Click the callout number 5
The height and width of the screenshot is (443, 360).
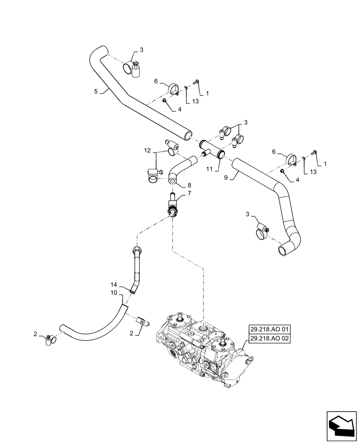point(96,92)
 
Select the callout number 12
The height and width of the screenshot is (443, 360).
point(147,152)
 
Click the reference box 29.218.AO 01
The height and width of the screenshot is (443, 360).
point(269,330)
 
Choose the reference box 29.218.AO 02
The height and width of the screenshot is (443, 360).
point(269,339)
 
